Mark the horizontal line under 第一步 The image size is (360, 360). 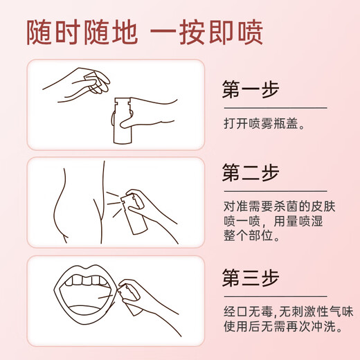click(x=274, y=108)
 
